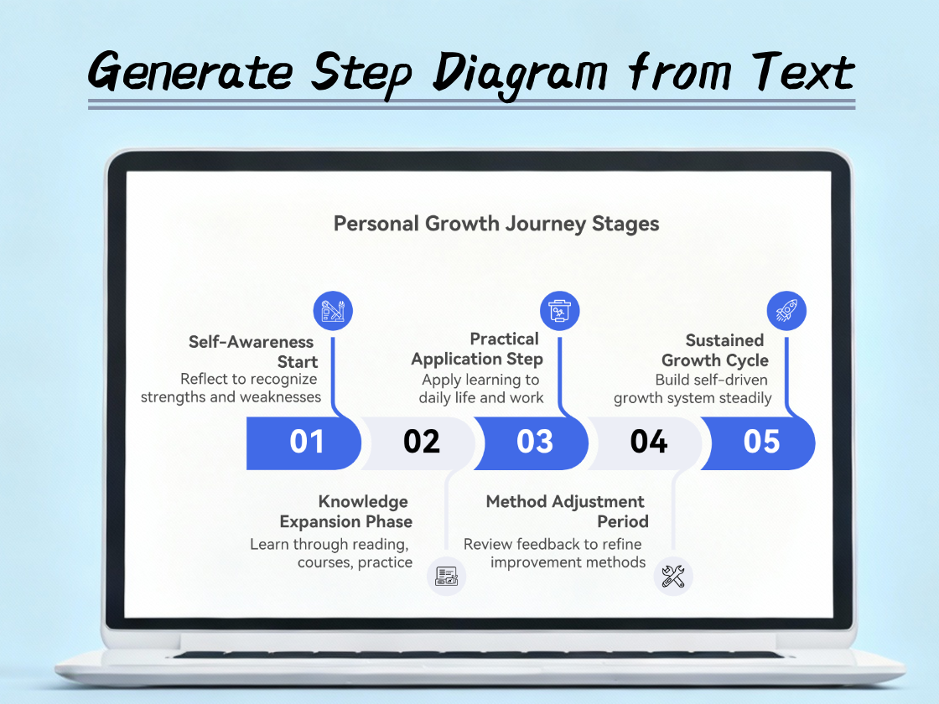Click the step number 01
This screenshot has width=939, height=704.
306,442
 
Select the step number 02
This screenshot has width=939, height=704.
421,442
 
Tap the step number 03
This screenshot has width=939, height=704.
535,442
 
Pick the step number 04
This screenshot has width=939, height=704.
648,442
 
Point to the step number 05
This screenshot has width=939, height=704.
761,442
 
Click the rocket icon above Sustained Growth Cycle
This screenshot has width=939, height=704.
786,313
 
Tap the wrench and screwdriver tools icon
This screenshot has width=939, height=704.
673,577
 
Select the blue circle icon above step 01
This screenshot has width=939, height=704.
333,312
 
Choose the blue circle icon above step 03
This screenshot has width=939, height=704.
559,311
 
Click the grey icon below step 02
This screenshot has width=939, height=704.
446,577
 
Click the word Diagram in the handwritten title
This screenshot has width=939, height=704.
520,73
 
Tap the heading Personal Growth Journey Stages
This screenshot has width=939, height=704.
496,224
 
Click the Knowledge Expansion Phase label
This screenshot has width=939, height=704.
346,511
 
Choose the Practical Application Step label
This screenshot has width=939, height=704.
478,349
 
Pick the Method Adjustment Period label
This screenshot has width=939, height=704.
567,511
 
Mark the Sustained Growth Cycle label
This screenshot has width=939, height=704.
714,350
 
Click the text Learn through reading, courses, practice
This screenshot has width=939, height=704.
331,553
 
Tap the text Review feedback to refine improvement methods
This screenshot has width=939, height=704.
554,553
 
